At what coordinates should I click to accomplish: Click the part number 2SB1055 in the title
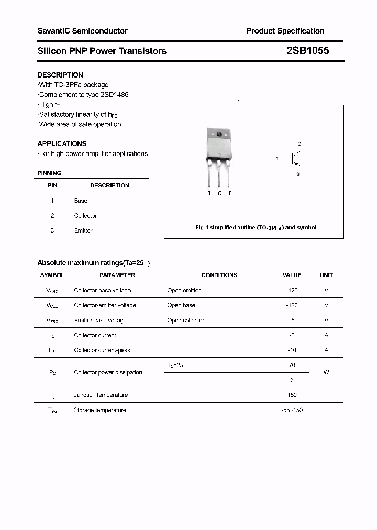307,51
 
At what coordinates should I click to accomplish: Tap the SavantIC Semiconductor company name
82,31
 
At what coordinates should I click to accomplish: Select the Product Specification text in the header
285,31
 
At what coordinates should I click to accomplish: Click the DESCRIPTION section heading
60,75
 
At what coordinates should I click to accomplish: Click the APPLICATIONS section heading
62,143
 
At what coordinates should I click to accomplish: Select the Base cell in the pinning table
81,201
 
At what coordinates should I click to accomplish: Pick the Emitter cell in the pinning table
83,230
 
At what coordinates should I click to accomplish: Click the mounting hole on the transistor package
219,135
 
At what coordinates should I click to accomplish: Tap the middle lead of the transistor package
219,175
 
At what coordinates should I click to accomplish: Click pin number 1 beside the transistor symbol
278,158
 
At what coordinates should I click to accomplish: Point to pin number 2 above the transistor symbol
299,143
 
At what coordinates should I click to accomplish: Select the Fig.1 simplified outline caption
256,228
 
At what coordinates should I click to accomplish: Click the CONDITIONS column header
219,275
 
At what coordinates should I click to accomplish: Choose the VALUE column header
292,275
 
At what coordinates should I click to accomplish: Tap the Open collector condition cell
186,320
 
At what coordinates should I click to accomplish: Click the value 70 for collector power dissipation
292,365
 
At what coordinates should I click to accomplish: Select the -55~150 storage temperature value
292,410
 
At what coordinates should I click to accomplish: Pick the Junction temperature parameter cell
101,395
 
